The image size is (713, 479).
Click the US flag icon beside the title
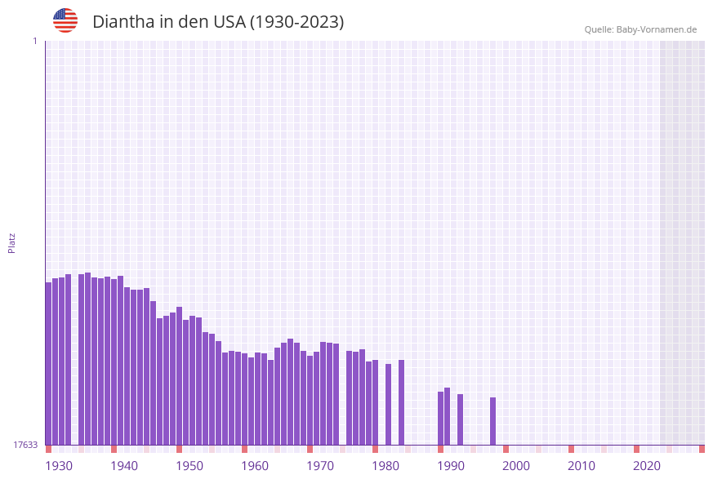pyautogui.click(x=65, y=20)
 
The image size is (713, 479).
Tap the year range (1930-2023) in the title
pyautogui.click(x=297, y=22)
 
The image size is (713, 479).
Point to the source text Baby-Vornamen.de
pyautogui.click(x=657, y=29)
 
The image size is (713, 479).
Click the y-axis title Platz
pyautogui.click(x=12, y=242)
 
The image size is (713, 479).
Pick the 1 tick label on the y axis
pyautogui.click(x=34, y=41)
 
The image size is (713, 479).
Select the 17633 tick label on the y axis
pyautogui.click(x=25, y=445)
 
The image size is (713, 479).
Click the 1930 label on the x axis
pyautogui.click(x=59, y=466)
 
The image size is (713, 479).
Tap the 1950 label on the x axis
pyautogui.click(x=189, y=466)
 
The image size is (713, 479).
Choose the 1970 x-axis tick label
pyautogui.click(x=320, y=466)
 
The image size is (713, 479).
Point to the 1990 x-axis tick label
pyautogui.click(x=451, y=466)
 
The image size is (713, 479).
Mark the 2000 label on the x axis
pyautogui.click(x=516, y=466)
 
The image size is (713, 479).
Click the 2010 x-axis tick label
pyautogui.click(x=582, y=466)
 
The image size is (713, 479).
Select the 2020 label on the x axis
pyautogui.click(x=647, y=466)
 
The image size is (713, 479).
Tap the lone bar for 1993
pyautogui.click(x=460, y=419)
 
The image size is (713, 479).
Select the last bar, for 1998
pyautogui.click(x=492, y=421)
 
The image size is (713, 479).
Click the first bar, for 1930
pyautogui.click(x=48, y=363)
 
